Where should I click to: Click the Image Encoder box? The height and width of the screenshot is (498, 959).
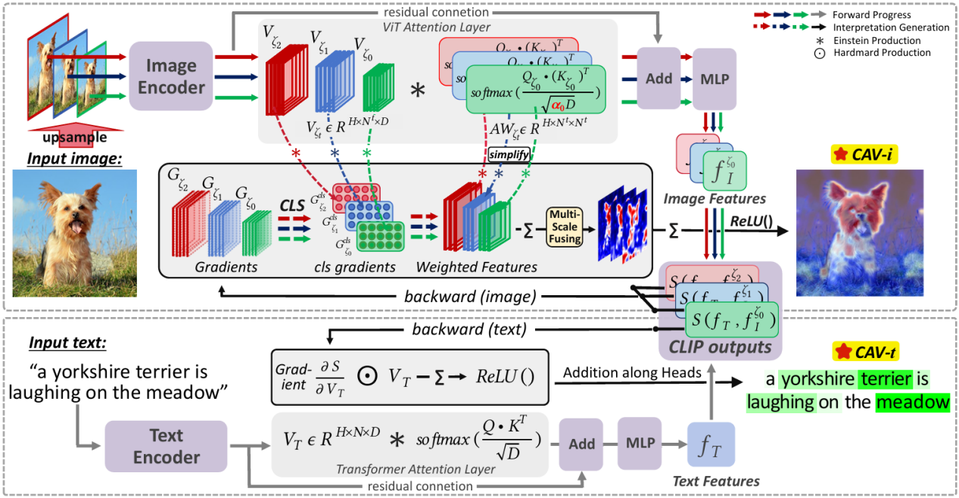(x=170, y=77)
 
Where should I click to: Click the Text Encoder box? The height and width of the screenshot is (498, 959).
(x=166, y=447)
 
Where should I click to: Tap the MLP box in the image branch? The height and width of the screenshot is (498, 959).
(x=713, y=79)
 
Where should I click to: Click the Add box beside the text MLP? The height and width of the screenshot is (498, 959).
(x=581, y=444)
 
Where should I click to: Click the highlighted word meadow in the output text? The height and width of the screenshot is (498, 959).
(x=912, y=402)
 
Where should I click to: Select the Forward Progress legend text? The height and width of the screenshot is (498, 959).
(x=882, y=14)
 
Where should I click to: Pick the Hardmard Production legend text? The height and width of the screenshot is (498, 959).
(x=882, y=53)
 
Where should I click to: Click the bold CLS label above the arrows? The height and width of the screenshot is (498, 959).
(x=292, y=206)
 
